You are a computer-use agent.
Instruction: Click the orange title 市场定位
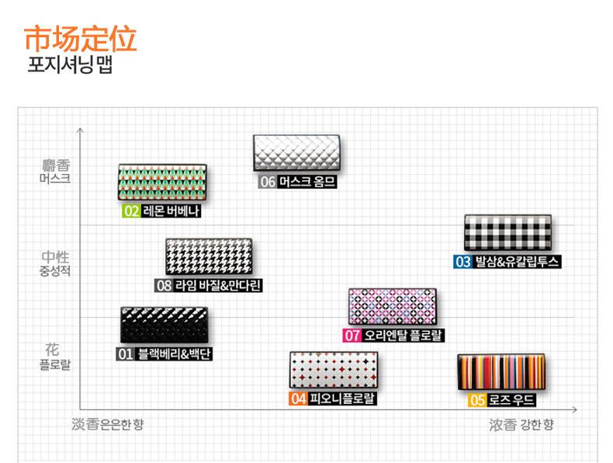point(81,39)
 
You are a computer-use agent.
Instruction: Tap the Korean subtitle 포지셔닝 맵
point(70,65)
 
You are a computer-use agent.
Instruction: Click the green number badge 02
point(130,211)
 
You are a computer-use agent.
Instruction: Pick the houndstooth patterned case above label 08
point(208,256)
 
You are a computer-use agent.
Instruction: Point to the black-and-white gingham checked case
point(508,233)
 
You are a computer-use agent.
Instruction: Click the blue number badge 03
point(463,262)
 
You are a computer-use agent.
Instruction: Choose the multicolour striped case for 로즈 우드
point(500,372)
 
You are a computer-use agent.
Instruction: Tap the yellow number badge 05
point(478,401)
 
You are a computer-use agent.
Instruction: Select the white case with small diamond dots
point(334,370)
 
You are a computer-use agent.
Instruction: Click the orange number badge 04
point(298,399)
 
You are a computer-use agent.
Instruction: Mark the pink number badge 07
point(353,336)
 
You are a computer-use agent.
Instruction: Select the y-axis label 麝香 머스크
point(55,171)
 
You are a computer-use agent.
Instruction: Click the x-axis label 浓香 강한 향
point(521,425)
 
